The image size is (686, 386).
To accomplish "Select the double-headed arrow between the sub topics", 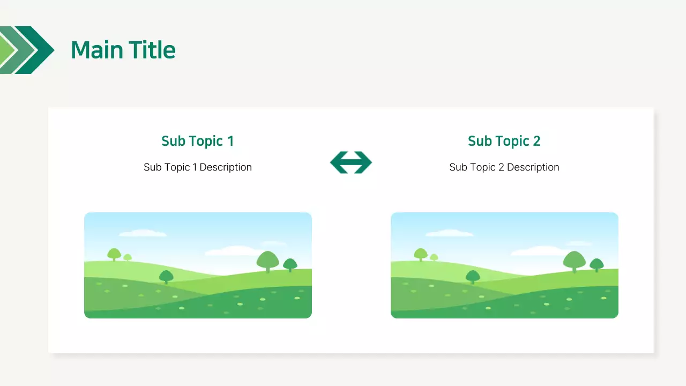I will tap(351, 162).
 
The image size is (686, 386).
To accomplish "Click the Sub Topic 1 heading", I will tap(197, 141).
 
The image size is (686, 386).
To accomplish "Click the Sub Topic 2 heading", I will tap(504, 141).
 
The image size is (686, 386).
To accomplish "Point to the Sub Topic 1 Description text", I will tap(197, 167).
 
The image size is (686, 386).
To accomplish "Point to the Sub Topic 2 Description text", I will tap(504, 167).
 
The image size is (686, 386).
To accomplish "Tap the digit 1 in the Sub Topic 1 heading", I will tap(230, 141).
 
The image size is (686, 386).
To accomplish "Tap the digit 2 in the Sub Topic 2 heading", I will tap(536, 141).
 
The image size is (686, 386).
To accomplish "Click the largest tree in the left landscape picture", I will tap(268, 261).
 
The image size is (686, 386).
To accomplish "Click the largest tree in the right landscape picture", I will tap(575, 261).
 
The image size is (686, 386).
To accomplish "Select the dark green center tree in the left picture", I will tap(166, 277).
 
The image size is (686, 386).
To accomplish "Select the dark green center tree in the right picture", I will tap(473, 277).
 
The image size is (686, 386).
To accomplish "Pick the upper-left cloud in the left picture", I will tap(143, 233).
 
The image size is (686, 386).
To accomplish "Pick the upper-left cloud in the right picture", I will tap(449, 233).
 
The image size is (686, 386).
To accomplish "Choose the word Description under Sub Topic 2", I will tap(533, 167).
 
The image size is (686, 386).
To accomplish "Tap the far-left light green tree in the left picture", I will tap(114, 254).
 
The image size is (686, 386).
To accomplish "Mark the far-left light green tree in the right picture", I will tap(420, 254).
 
